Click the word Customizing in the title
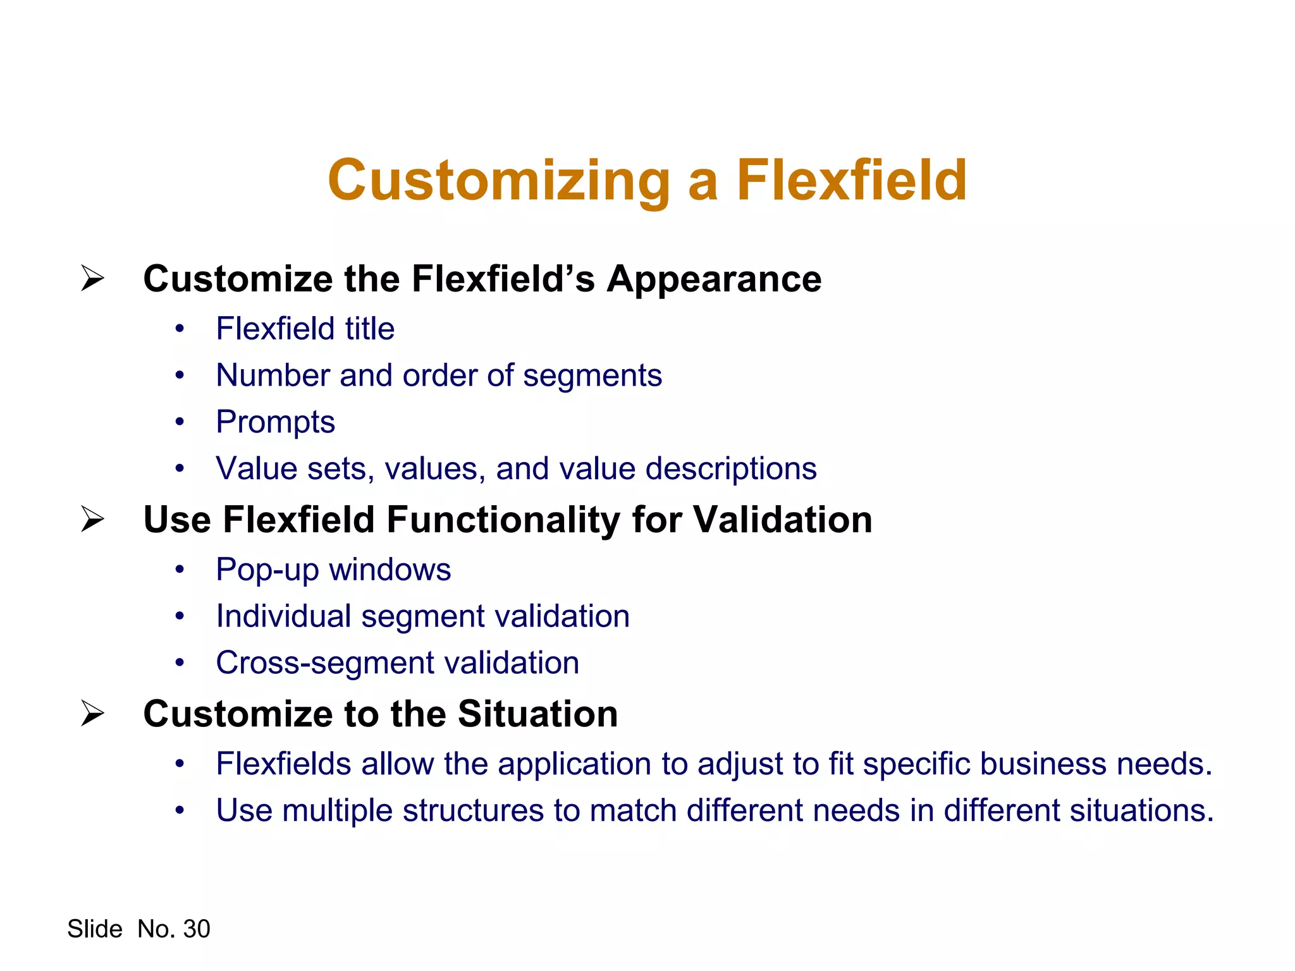coord(499,181)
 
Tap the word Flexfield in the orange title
coord(851,181)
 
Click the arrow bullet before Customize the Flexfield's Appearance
coord(92,278)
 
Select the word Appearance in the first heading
coord(714,279)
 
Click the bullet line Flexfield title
coord(305,329)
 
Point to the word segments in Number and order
coord(592,376)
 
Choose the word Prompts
coord(275,422)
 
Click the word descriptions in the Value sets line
coord(731,468)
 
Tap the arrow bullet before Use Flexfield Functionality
coord(92,519)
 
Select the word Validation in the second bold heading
coord(782,520)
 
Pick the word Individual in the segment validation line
coord(283,616)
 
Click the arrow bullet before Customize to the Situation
coord(92,713)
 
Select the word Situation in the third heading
coord(537,714)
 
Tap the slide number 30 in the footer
coord(197,929)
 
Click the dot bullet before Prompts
coord(180,422)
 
